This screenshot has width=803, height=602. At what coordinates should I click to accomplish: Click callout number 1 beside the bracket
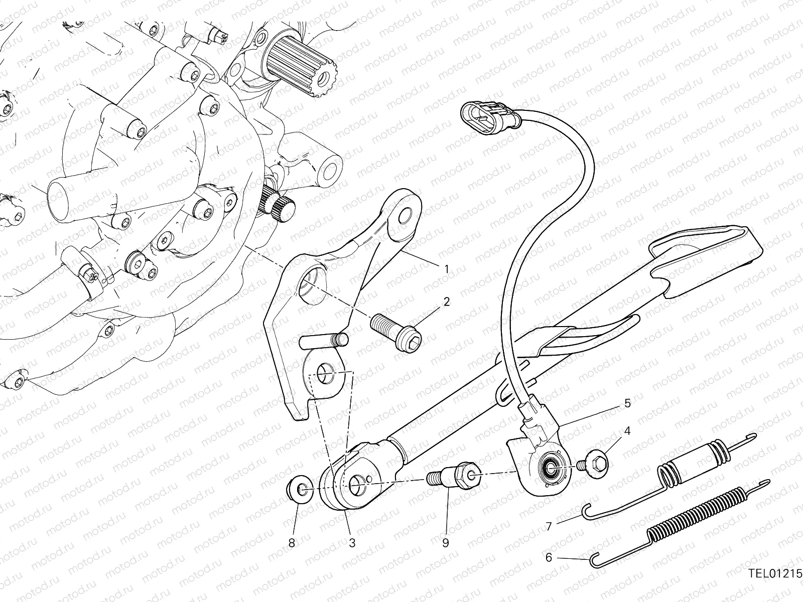tap(446, 269)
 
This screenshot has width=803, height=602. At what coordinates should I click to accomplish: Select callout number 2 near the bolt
tap(446, 302)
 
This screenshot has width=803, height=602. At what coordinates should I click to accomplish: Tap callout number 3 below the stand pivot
tap(352, 543)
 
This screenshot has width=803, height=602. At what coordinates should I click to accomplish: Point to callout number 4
tap(627, 431)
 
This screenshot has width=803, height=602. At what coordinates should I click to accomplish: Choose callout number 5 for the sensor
tap(627, 403)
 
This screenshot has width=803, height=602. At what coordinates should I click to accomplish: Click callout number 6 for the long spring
tap(549, 557)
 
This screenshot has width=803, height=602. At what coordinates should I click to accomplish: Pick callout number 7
tap(549, 526)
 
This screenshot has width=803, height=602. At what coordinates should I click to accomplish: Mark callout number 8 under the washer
tap(292, 543)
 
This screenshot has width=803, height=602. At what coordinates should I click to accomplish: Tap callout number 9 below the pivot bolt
tap(445, 543)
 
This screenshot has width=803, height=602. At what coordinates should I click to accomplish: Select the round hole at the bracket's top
tap(405, 216)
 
